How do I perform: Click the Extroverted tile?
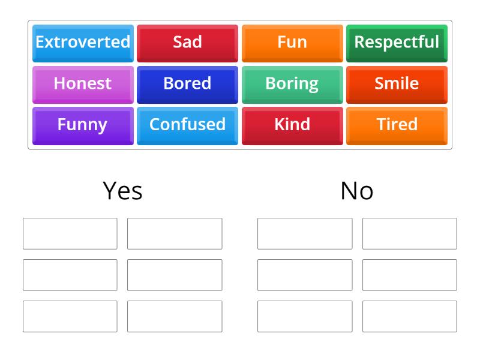point(83,43)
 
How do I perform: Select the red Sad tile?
point(187,43)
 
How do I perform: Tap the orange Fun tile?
point(292,43)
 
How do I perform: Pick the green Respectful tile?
point(397,43)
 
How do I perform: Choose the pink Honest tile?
point(83,84)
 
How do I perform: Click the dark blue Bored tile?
point(187,84)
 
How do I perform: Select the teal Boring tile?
point(292,84)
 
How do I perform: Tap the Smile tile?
point(397,84)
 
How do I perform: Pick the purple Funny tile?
point(83,125)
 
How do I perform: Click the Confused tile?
point(187,125)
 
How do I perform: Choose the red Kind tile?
point(292,125)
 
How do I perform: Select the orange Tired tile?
point(397,125)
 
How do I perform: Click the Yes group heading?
point(122,191)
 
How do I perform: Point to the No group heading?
point(357,191)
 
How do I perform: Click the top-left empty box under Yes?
point(70,233)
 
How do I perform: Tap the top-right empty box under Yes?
point(175,233)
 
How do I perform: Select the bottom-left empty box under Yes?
point(70,316)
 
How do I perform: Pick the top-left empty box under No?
point(305,233)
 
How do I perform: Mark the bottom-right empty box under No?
point(409,316)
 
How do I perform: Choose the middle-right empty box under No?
point(409,275)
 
